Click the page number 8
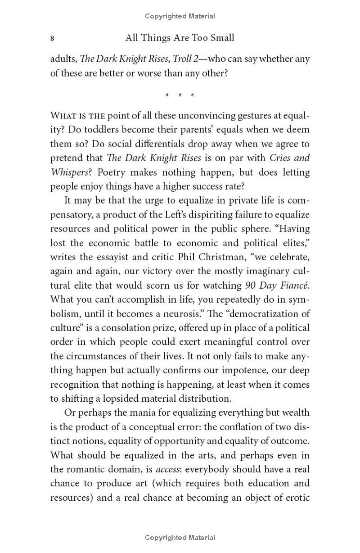point(53,39)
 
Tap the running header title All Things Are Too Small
point(180,38)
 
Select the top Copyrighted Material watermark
point(180,16)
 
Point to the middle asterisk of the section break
point(180,95)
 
